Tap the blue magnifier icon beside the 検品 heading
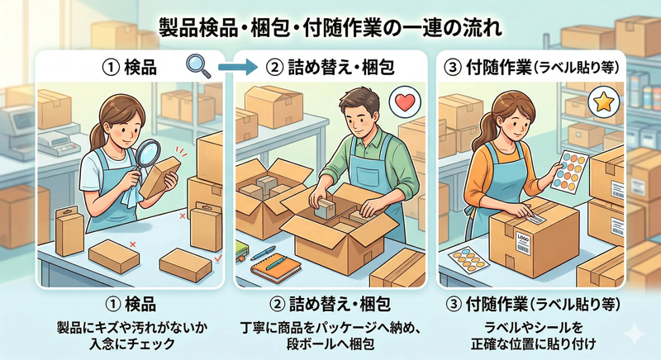coord(197,64)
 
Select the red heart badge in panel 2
coord(402,104)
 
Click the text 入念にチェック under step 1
coord(131,338)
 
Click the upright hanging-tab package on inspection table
coord(70,230)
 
